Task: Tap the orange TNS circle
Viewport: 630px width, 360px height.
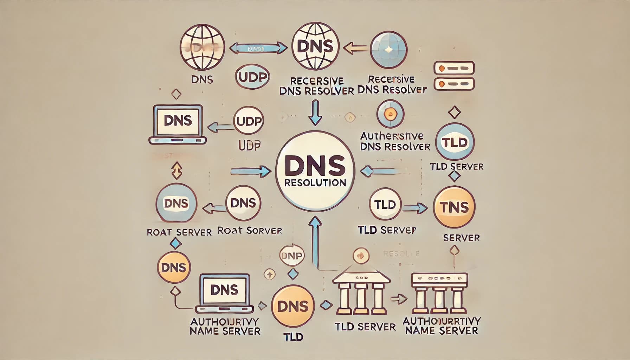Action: (x=454, y=207)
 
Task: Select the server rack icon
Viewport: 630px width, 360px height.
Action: (x=454, y=76)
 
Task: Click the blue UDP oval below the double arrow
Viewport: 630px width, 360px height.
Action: (x=252, y=77)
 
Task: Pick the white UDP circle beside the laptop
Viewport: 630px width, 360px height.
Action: (x=249, y=121)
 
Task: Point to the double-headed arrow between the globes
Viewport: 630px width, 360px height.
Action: (x=258, y=48)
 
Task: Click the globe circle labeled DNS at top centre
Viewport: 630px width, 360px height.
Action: (x=315, y=46)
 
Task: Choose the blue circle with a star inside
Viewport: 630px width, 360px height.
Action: (x=389, y=50)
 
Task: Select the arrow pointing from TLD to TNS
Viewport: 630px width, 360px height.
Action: (x=414, y=208)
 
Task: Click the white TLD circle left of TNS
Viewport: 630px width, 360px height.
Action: (x=385, y=205)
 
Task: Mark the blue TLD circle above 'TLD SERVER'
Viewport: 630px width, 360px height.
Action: (x=455, y=143)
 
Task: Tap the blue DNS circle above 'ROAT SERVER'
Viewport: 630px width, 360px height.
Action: (x=176, y=203)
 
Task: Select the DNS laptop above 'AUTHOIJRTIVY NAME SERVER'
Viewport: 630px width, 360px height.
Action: (x=225, y=293)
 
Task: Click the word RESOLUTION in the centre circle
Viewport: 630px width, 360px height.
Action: (x=315, y=183)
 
